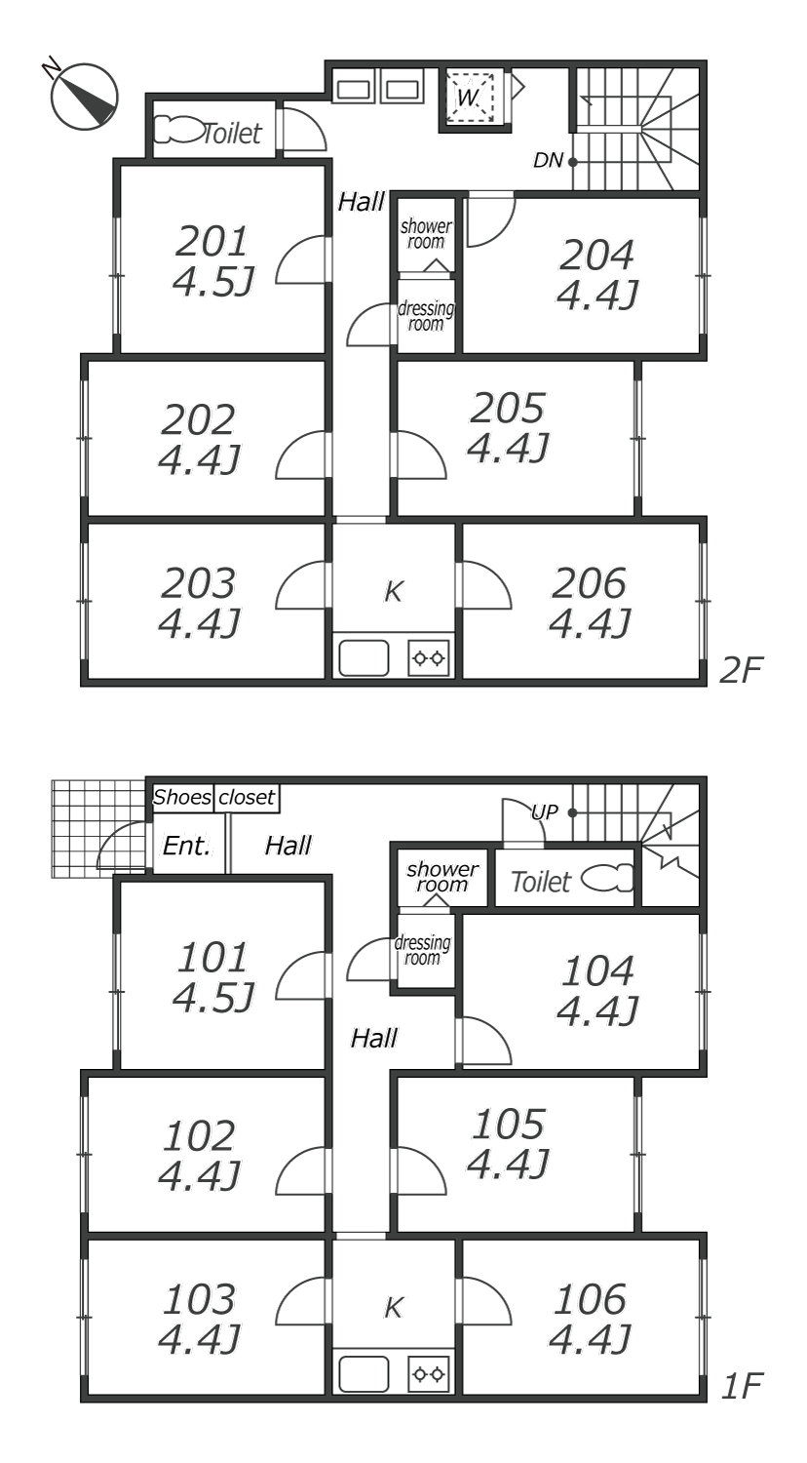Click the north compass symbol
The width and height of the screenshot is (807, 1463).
(84, 96)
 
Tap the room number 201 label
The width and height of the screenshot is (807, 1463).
(212, 242)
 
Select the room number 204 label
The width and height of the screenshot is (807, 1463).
(596, 255)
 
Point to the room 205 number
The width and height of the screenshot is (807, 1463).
(508, 409)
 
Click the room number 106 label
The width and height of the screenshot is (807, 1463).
(591, 1299)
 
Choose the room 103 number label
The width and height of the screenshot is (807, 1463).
(199, 1299)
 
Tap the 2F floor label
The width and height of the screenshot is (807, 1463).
(741, 669)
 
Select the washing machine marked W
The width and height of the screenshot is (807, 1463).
(470, 97)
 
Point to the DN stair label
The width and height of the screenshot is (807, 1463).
(549, 160)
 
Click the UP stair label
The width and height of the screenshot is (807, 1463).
(545, 811)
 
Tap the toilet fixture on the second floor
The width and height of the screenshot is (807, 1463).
(178, 130)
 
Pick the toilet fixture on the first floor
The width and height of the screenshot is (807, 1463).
(607, 879)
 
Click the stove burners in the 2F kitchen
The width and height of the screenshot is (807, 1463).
(429, 657)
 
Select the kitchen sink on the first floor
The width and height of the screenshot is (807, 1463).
(364, 1374)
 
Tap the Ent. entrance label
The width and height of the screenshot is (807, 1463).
(187, 846)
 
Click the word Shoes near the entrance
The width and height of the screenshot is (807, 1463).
(182, 797)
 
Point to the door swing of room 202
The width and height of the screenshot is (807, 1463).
(301, 455)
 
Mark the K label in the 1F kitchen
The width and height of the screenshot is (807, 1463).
(393, 1308)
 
